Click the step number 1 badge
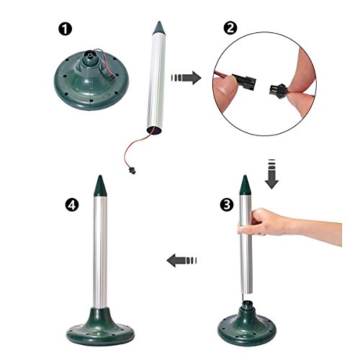tap(65, 30)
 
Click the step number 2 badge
tap(230, 29)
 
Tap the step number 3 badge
tap(227, 205)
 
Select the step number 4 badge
tap(72, 205)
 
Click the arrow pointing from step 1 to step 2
tap(186, 78)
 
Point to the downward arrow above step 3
tap(271, 174)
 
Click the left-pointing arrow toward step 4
tap(181, 261)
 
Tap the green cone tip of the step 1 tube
tap(158, 28)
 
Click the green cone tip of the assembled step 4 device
tap(100, 186)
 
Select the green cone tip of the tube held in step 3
tap(245, 185)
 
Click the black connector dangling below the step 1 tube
tap(132, 171)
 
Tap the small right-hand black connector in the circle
tap(279, 91)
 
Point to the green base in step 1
tap(91, 81)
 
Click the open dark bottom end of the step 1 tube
tap(155, 130)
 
